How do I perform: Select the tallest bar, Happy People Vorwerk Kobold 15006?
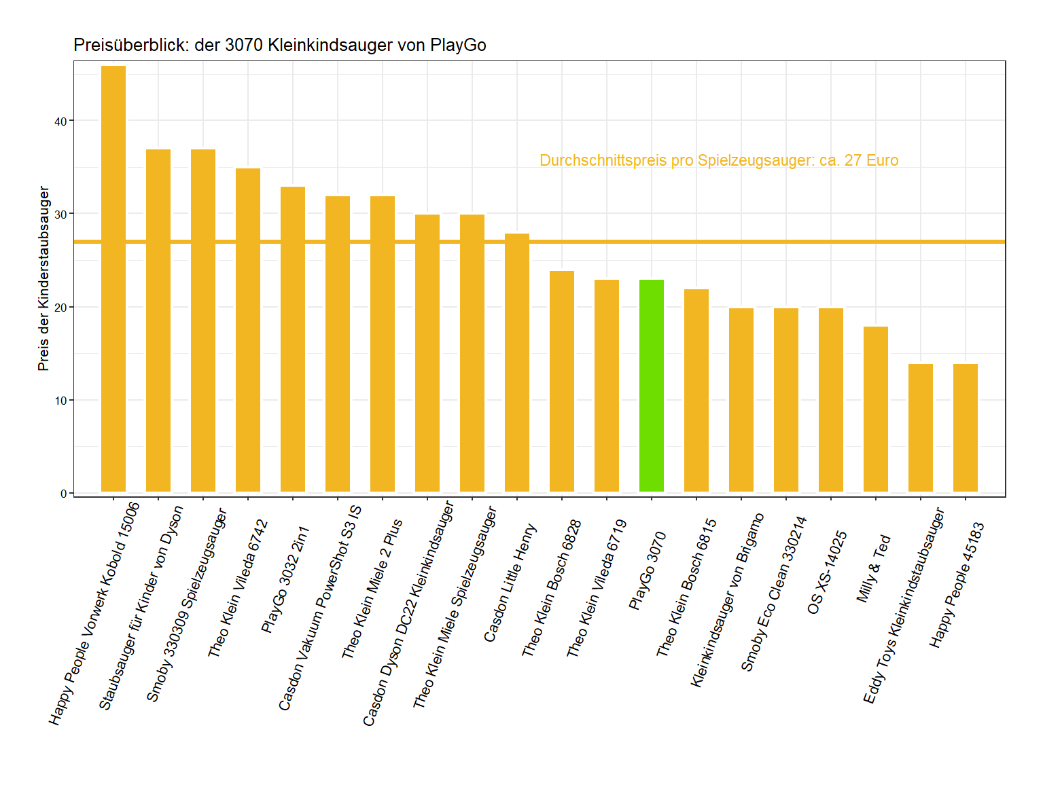(x=113, y=278)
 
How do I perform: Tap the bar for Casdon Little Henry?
(x=517, y=363)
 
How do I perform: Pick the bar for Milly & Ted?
(x=875, y=409)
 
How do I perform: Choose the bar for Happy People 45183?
(x=965, y=428)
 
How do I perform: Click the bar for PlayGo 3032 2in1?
(x=293, y=339)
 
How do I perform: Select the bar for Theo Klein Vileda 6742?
(x=248, y=330)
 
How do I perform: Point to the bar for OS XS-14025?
(x=830, y=400)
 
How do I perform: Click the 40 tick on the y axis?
(x=61, y=122)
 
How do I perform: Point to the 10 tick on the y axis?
(x=61, y=401)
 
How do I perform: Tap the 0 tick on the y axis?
(x=64, y=494)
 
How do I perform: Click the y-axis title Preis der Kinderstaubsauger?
(x=44, y=278)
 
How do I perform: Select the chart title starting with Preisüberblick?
(x=279, y=45)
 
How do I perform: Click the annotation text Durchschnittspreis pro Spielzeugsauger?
(x=718, y=161)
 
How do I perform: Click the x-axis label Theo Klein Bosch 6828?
(x=551, y=589)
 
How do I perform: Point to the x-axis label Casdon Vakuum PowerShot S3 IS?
(x=320, y=608)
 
